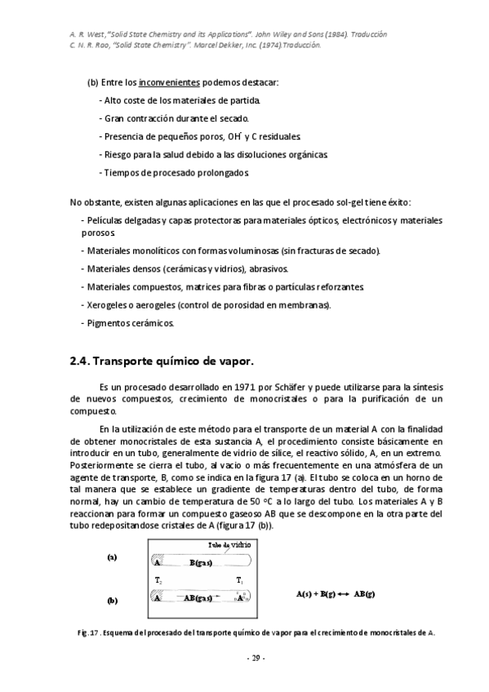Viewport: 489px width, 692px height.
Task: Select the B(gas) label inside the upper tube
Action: (x=202, y=562)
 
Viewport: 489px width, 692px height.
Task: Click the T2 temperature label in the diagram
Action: (x=158, y=580)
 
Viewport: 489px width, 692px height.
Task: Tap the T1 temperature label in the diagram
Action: (x=240, y=580)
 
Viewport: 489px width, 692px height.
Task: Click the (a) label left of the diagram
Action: (x=112, y=557)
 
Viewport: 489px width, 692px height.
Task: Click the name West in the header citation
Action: (x=91, y=34)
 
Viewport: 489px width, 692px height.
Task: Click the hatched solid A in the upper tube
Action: (x=158, y=562)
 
